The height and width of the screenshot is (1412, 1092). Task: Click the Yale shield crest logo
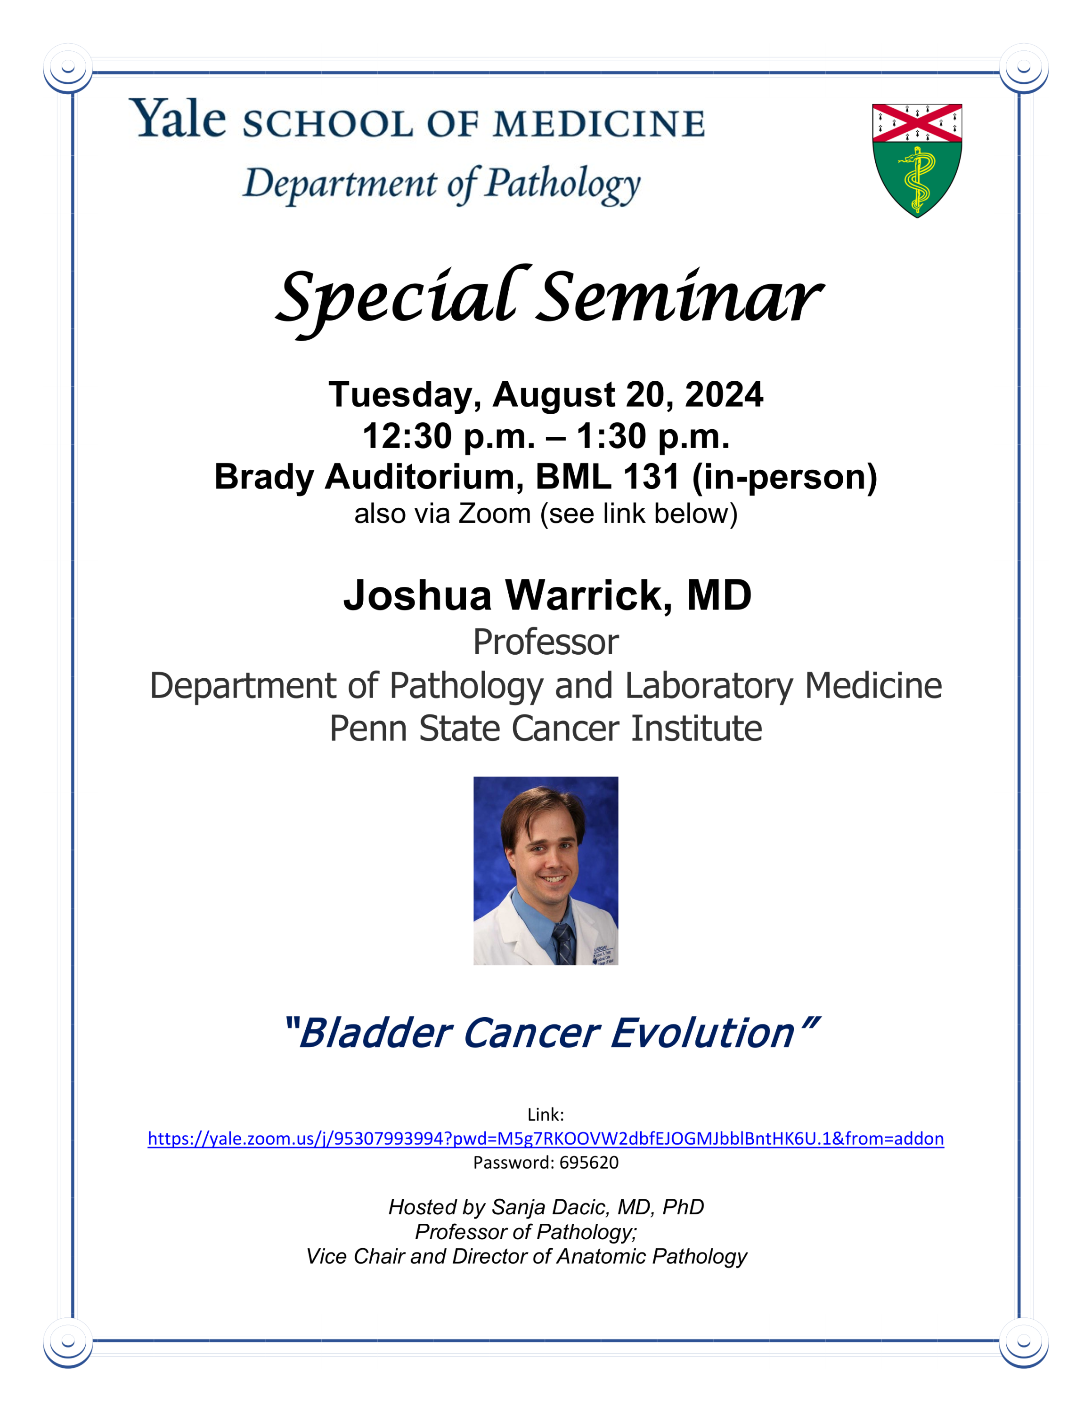[917, 160]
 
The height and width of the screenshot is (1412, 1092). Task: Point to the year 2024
[724, 394]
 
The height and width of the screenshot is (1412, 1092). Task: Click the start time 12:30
[407, 436]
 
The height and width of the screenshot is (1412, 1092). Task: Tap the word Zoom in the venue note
[495, 514]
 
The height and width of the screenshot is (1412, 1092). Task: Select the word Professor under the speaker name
[546, 642]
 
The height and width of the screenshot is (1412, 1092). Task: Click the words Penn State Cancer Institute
[546, 729]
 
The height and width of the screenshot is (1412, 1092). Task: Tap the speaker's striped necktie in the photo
[563, 943]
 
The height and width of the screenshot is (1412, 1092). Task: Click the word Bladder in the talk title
[375, 1033]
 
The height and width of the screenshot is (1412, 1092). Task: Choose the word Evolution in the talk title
[702, 1033]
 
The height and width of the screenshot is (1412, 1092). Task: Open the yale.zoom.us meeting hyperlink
[546, 1139]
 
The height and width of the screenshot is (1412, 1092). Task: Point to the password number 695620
[589, 1163]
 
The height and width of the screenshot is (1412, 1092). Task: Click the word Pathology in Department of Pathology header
[563, 184]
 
